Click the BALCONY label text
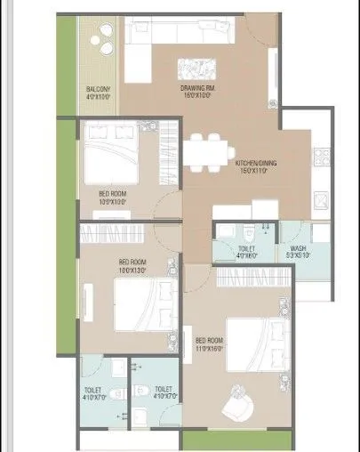(x=97, y=90)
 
